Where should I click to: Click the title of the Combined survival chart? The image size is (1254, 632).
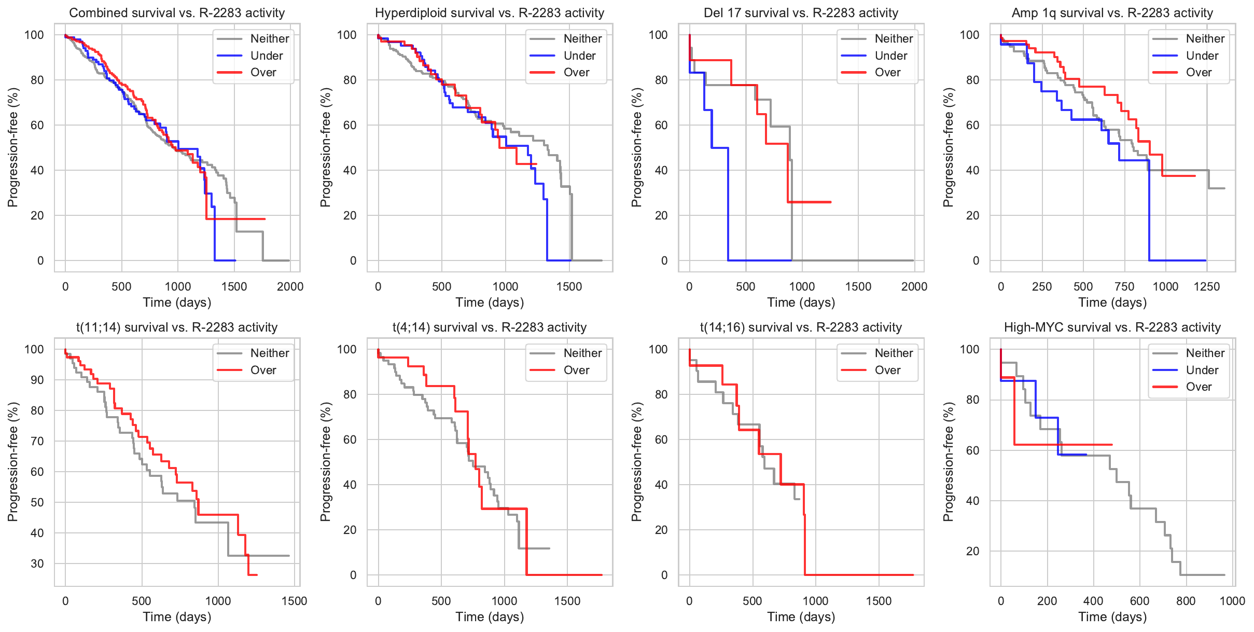(177, 13)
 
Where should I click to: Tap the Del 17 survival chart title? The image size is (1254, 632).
(801, 13)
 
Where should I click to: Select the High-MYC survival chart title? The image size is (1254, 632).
(1112, 327)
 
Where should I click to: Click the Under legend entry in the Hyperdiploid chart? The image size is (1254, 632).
(579, 56)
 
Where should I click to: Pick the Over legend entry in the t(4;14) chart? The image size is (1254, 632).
(576, 370)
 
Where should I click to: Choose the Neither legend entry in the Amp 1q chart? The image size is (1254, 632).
(1205, 38)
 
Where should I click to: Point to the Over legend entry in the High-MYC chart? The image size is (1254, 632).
(1199, 387)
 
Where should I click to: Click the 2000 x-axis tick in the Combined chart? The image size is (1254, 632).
(290, 286)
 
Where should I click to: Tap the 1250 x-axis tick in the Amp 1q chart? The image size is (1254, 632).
(1207, 286)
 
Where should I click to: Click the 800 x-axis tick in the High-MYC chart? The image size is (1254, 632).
(1186, 601)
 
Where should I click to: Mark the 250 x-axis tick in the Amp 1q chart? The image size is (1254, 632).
(1042, 286)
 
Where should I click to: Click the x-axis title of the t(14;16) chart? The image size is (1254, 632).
(801, 617)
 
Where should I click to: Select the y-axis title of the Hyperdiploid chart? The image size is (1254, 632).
(325, 147)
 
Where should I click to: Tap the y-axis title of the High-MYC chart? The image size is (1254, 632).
(948, 462)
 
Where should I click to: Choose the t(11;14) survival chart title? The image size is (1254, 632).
(177, 327)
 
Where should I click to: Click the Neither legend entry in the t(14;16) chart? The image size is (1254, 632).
(894, 353)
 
